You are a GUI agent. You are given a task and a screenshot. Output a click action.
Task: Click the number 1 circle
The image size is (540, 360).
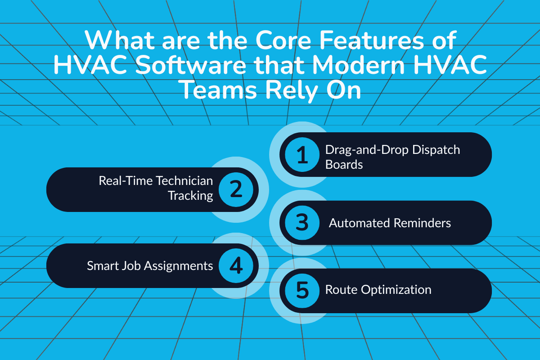[x=302, y=155]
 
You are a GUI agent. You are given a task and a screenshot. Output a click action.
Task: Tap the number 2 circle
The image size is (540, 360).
[x=236, y=189]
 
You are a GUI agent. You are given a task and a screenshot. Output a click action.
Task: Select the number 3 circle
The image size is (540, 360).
[x=302, y=223]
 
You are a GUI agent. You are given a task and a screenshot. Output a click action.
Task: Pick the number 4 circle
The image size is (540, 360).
[x=236, y=265]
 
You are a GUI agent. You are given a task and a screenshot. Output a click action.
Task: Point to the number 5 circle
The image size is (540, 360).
[x=302, y=290]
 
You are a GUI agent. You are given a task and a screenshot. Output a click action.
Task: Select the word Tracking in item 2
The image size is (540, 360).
[x=190, y=196]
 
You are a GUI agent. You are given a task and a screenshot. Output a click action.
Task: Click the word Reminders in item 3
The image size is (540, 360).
[x=423, y=223]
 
